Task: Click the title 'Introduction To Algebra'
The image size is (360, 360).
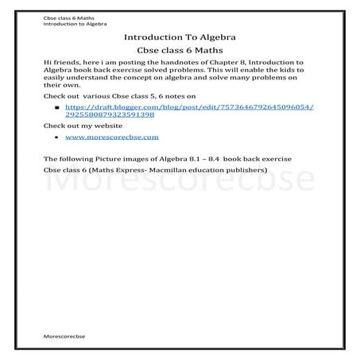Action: click(x=179, y=37)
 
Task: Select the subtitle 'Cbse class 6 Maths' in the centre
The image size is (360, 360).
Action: click(x=179, y=52)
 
